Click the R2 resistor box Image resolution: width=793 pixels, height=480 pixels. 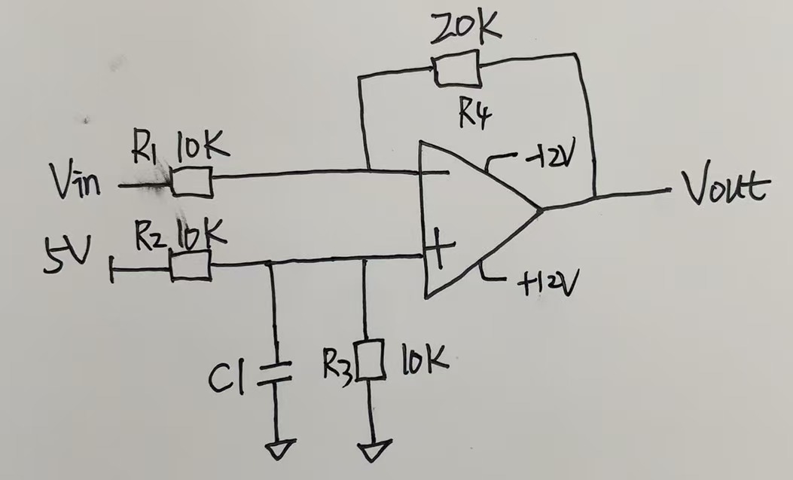(x=190, y=266)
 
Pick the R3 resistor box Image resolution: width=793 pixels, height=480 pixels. (x=371, y=360)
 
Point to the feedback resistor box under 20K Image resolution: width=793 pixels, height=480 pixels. (x=455, y=70)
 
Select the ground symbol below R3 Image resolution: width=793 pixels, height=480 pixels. (x=372, y=452)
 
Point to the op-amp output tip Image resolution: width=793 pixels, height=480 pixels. (x=540, y=209)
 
